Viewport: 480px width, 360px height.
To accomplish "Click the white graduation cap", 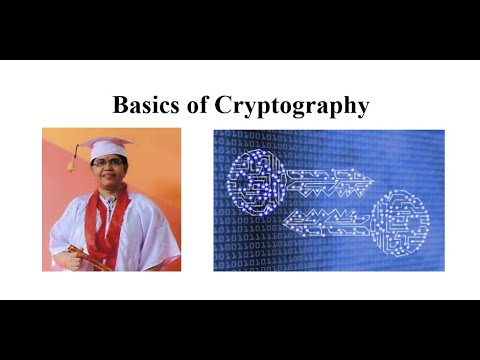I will (106, 147).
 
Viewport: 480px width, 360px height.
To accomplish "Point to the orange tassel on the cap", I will (72, 161).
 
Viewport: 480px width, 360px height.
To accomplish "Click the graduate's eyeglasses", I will (109, 166).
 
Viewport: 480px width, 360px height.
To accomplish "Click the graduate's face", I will (109, 170).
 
